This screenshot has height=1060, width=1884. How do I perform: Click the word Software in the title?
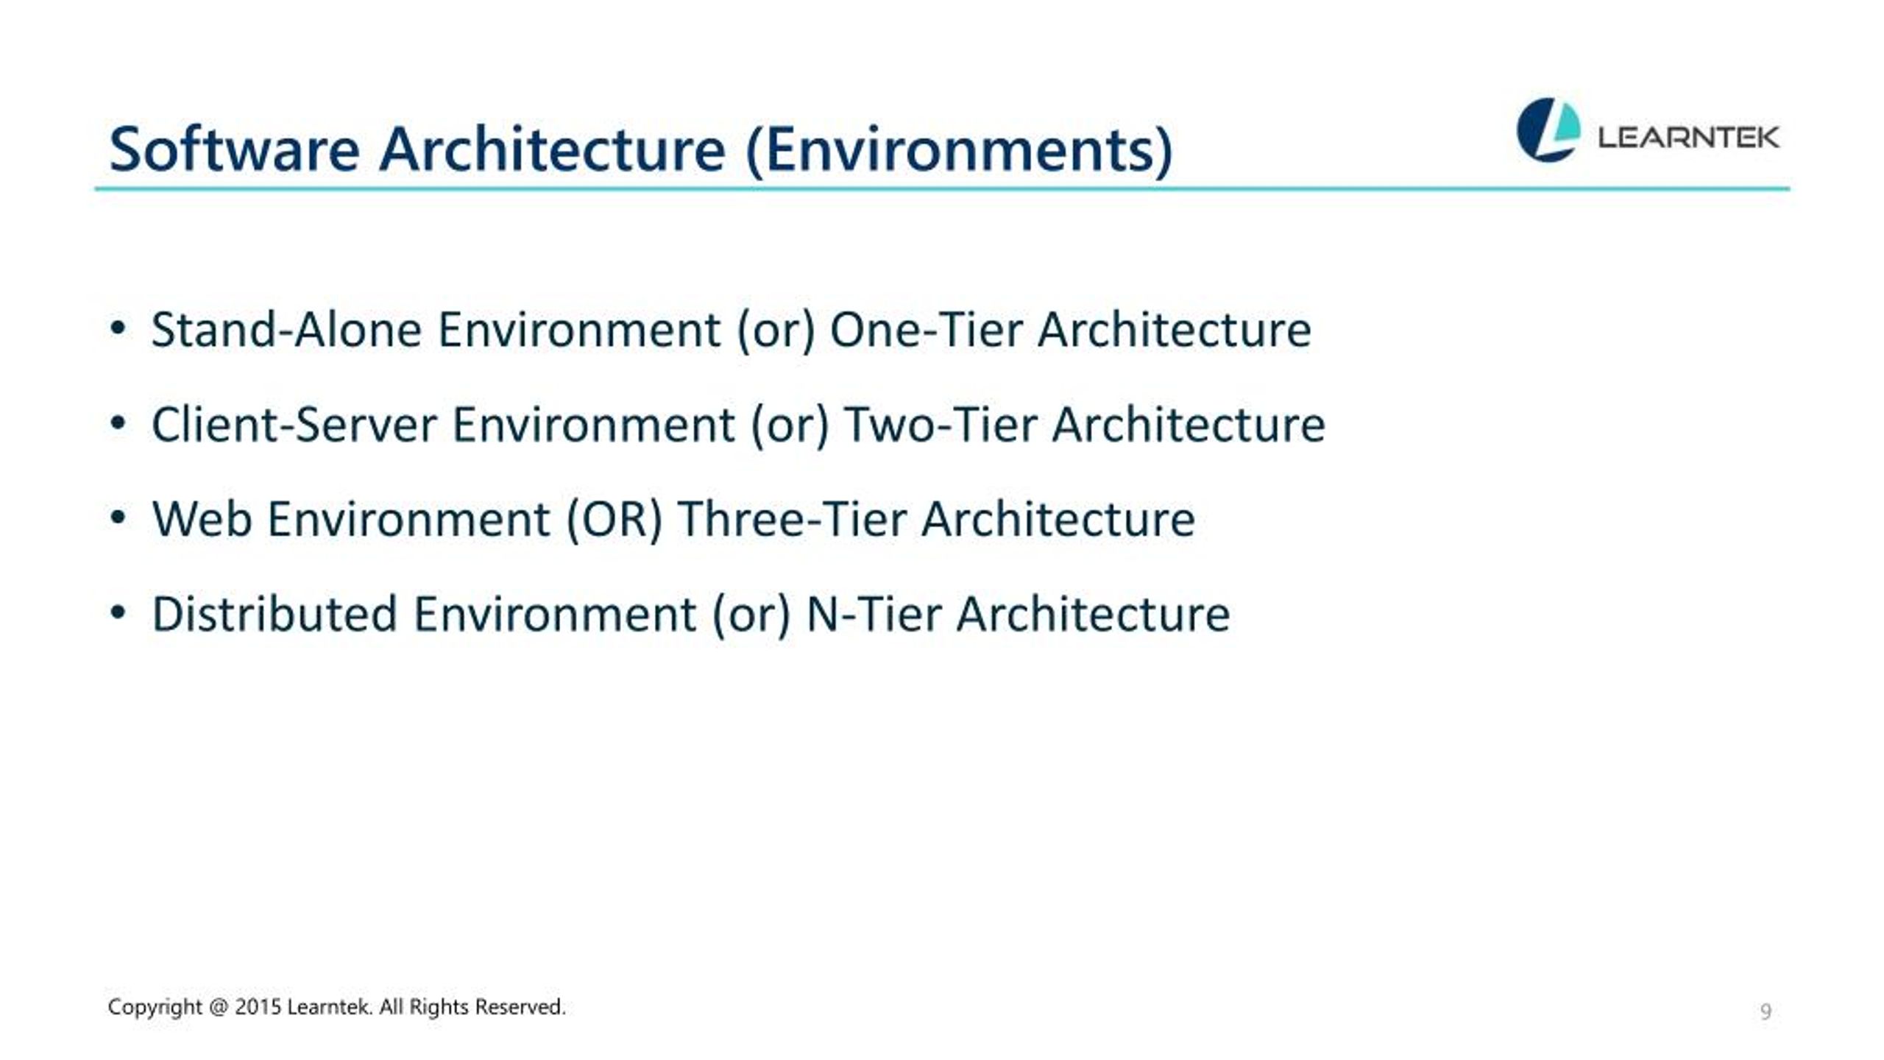(x=234, y=149)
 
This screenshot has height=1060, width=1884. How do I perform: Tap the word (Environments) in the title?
(x=959, y=151)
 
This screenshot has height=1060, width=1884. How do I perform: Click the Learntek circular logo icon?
(x=1548, y=130)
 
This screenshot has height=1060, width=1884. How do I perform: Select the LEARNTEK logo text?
(x=1688, y=138)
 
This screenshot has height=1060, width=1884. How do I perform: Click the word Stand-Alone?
(x=286, y=329)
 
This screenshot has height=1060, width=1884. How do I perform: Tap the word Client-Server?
(x=294, y=425)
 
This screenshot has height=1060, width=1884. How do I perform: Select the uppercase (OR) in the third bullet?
(x=615, y=520)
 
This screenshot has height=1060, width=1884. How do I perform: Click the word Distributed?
(x=275, y=614)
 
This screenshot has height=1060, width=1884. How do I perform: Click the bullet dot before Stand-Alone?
(x=118, y=328)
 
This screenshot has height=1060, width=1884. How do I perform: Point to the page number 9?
(x=1766, y=1011)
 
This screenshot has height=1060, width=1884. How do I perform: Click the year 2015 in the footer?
(x=258, y=1006)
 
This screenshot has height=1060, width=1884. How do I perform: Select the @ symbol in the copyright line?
(x=219, y=1007)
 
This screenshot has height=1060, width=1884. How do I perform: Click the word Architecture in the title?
(x=552, y=149)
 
